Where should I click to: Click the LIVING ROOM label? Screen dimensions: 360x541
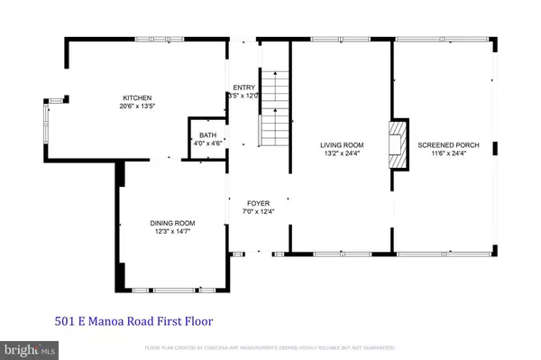342,144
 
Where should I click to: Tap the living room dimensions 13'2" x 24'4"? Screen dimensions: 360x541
342,153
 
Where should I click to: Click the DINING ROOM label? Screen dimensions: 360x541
171,223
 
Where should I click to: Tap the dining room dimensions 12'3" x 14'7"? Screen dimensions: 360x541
171,232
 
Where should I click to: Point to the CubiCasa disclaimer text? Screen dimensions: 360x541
270,348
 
